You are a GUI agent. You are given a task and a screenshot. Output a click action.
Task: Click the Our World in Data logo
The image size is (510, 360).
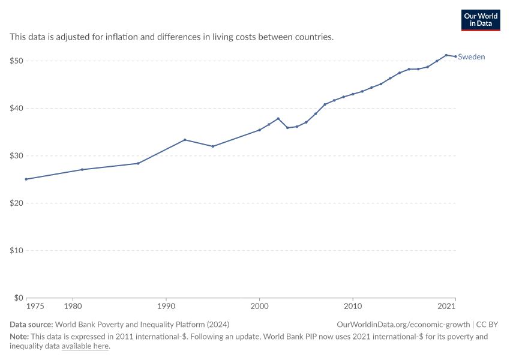(481, 20)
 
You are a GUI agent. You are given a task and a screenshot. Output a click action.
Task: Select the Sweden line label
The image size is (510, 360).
(471, 57)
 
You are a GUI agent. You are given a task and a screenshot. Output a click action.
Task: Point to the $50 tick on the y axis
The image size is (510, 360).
(16, 61)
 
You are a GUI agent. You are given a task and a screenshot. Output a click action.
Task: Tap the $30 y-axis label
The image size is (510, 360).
(16, 156)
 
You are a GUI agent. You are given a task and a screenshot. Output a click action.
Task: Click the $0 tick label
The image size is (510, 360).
(19, 298)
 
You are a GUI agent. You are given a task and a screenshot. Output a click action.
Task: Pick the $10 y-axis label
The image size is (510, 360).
(16, 250)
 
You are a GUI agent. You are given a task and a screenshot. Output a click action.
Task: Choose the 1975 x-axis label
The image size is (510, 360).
(35, 306)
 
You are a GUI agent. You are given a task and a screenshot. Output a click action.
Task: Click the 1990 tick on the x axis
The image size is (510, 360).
(166, 306)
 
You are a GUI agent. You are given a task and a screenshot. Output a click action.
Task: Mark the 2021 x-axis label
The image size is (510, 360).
(446, 306)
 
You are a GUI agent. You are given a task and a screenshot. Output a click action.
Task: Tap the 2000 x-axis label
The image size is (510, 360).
(260, 306)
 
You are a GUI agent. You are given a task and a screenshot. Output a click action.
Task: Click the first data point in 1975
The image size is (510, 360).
(26, 179)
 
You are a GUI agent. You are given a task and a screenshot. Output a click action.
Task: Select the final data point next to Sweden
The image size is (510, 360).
(455, 56)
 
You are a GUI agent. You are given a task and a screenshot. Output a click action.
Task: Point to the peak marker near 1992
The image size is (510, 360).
(185, 140)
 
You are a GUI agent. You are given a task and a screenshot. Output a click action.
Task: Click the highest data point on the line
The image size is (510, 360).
(446, 55)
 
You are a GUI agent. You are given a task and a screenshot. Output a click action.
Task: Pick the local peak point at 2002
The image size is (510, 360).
(278, 119)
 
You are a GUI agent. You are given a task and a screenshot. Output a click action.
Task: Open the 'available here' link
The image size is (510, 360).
(85, 346)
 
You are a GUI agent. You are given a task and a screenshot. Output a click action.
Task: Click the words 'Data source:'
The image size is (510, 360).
(31, 325)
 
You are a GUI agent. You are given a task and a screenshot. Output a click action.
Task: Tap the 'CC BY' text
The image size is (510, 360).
(487, 325)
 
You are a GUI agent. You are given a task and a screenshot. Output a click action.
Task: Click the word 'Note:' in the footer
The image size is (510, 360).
(19, 337)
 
